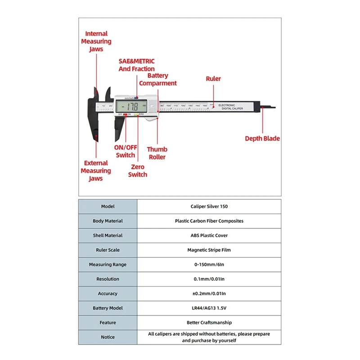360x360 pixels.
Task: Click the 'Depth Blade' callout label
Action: (262, 139)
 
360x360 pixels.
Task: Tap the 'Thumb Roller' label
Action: (157, 153)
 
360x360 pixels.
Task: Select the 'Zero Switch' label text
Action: (138, 171)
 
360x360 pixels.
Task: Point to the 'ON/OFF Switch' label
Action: (126, 151)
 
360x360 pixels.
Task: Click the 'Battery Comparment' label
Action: (157, 79)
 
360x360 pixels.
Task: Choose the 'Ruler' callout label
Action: (213, 79)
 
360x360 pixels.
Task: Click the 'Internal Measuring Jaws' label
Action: (96, 41)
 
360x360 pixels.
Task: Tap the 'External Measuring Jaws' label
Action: (96, 171)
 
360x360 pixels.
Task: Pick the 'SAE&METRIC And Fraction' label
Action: (136, 65)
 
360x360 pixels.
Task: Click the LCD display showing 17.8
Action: (131, 107)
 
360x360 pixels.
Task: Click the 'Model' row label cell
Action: (108, 207)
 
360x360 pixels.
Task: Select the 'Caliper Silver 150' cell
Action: (209, 207)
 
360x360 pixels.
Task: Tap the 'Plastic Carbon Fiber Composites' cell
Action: (209, 221)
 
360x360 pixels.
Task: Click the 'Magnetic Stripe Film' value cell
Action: (209, 250)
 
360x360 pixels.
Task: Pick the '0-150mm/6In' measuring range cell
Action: (209, 265)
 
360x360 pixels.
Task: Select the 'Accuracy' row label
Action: (108, 293)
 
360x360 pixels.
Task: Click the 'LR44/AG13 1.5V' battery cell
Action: (209, 308)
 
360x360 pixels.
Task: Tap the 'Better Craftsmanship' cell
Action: (209, 322)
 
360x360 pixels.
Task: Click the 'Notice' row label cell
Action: (108, 337)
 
